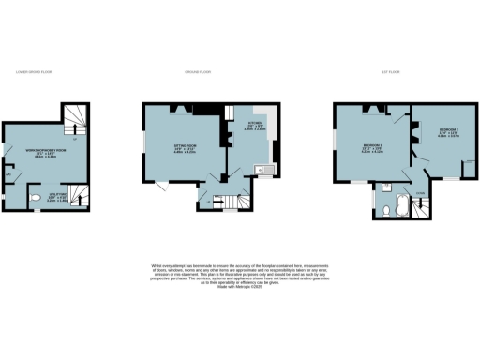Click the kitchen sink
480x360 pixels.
pos(264,170)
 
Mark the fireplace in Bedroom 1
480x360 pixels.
pos(370,111)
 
